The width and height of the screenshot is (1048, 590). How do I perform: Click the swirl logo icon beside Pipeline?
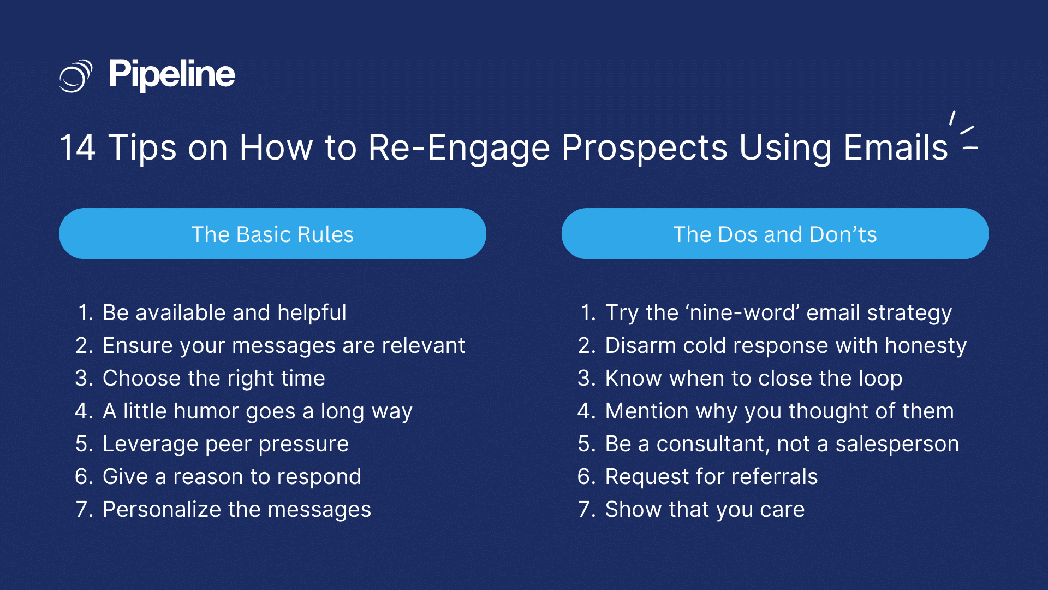tap(75, 75)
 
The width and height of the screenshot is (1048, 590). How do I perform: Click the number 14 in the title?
tap(78, 147)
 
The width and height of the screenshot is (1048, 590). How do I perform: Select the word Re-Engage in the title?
tap(458, 147)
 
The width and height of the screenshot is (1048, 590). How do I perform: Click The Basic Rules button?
tap(272, 234)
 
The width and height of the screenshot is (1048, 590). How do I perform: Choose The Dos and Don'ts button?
tap(775, 234)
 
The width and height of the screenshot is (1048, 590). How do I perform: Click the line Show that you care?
tap(704, 509)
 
